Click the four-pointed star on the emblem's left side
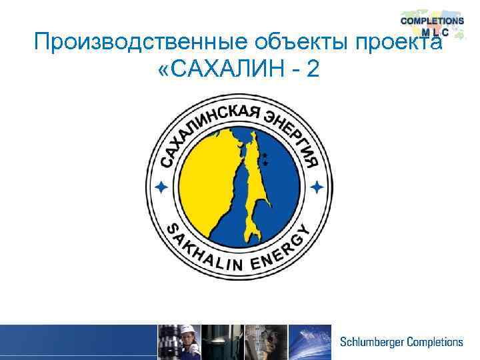click(159, 187)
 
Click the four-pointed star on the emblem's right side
click(318, 186)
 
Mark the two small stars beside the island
click(265, 158)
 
